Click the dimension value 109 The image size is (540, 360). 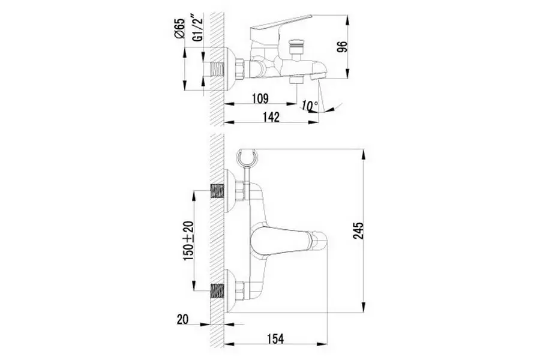coord(260,98)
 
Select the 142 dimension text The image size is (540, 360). coord(271,117)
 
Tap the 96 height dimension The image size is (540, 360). coord(343,47)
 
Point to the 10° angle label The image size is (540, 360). coord(310,106)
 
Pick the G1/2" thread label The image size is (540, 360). coord(197,28)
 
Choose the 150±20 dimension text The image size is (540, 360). coord(189,241)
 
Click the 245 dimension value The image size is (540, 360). coord(358,231)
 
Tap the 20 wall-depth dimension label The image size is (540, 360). coord(183,319)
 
